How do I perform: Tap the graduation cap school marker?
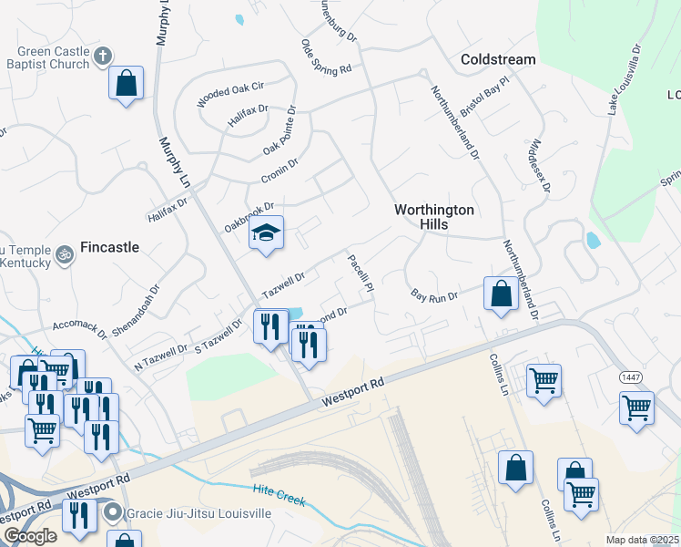(267, 234)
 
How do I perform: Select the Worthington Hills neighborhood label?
(434, 217)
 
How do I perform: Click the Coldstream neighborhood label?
(498, 59)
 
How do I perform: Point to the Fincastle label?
(110, 247)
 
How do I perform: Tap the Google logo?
(29, 536)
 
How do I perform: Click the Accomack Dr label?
(80, 326)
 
